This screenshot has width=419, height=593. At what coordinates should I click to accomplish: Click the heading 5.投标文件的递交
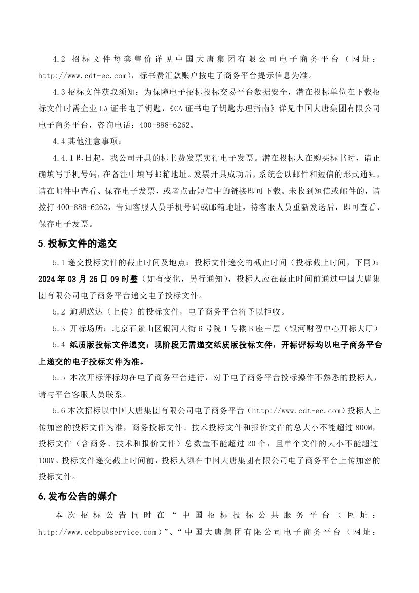[x=77, y=243]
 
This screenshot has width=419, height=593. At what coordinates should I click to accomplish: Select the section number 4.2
[x=59, y=58]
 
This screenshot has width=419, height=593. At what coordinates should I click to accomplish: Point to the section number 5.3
[x=59, y=328]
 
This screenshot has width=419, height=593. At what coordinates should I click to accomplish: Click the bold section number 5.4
[x=59, y=345]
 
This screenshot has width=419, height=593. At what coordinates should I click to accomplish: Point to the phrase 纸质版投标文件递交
[x=105, y=345]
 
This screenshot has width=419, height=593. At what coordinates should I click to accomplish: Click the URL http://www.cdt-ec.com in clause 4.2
[x=82, y=76]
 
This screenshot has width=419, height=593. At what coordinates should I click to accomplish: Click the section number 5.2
[x=59, y=311]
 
